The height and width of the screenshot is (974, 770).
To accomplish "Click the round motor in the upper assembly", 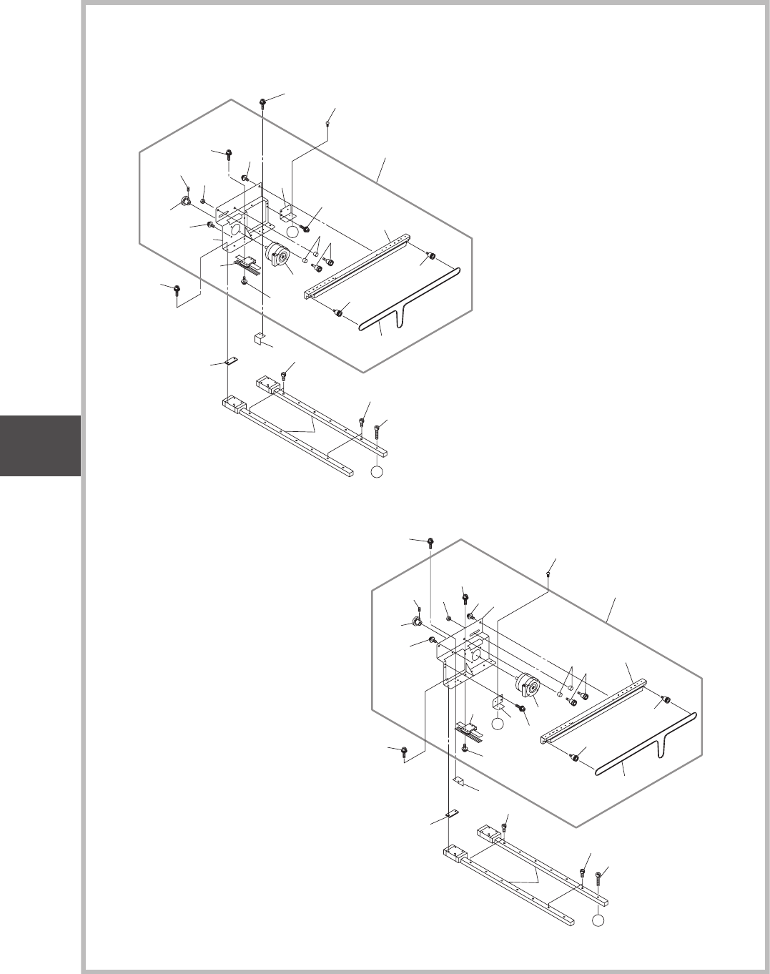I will click(277, 255).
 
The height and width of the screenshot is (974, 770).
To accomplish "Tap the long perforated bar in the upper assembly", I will click(357, 265).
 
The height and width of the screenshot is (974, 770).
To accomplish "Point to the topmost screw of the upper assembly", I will click(264, 103).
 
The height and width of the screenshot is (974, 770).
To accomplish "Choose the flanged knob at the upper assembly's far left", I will click(184, 202).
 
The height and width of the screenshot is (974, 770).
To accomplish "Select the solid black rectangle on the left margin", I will click(40, 446).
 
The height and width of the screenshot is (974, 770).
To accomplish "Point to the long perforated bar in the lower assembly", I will click(593, 708).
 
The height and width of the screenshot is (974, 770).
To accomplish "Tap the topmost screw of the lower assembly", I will click(431, 541).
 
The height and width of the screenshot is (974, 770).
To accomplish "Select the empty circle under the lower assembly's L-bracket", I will click(499, 725).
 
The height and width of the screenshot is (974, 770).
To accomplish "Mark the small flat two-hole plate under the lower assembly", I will click(451, 813).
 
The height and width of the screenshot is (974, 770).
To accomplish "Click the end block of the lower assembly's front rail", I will click(453, 852).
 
